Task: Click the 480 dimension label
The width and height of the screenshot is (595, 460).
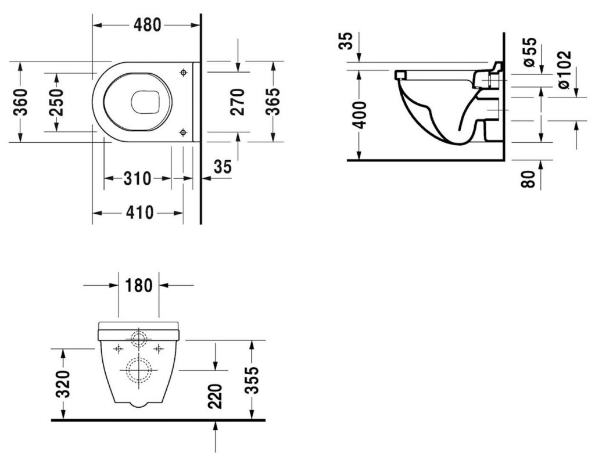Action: (x=147, y=25)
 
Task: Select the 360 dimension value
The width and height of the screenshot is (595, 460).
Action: (x=20, y=102)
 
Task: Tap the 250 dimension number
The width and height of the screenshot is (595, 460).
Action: (x=57, y=102)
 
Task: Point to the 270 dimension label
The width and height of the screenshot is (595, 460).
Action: (x=238, y=102)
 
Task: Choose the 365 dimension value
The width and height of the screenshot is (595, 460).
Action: (x=273, y=102)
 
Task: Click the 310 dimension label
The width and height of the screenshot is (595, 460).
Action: (x=137, y=179)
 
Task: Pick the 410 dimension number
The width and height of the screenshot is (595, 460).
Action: (x=140, y=213)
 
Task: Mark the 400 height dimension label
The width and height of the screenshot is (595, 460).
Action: (x=359, y=115)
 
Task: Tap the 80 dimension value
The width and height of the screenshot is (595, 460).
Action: (x=528, y=179)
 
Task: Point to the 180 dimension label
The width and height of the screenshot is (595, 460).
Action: (x=138, y=285)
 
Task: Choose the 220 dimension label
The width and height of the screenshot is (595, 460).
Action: (x=216, y=396)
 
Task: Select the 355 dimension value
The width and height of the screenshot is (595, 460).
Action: (x=252, y=380)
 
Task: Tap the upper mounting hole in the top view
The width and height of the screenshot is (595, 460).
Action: (x=184, y=72)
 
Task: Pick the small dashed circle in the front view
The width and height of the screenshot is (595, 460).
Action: (x=139, y=338)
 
